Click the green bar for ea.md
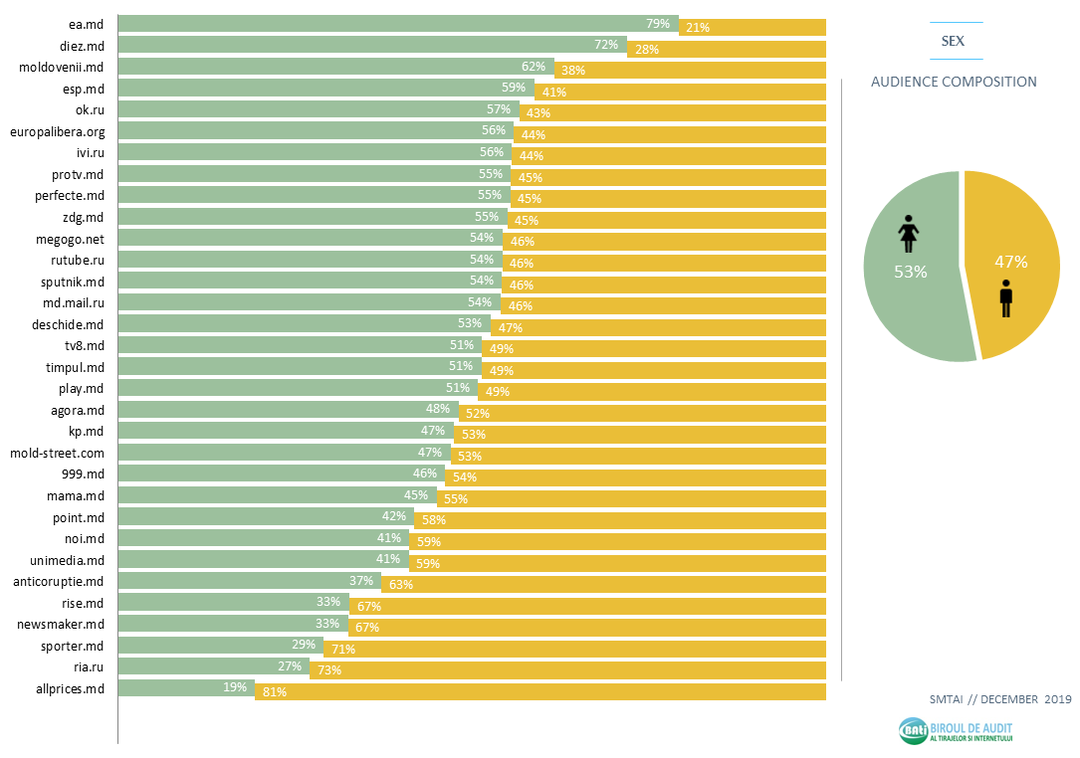[398, 24]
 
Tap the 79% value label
[658, 23]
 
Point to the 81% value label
[275, 692]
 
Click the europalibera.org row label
[57, 131]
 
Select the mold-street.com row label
[57, 453]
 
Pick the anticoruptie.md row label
[59, 581]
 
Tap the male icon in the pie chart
[1005, 298]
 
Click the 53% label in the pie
[910, 272]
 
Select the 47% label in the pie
[1010, 263]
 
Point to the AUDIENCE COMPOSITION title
[954, 82]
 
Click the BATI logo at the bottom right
[956, 731]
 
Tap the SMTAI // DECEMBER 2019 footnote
[998, 698]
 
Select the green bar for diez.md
[372, 45]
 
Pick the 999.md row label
[84, 474]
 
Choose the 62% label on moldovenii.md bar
[534, 67]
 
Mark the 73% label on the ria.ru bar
[328, 670]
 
